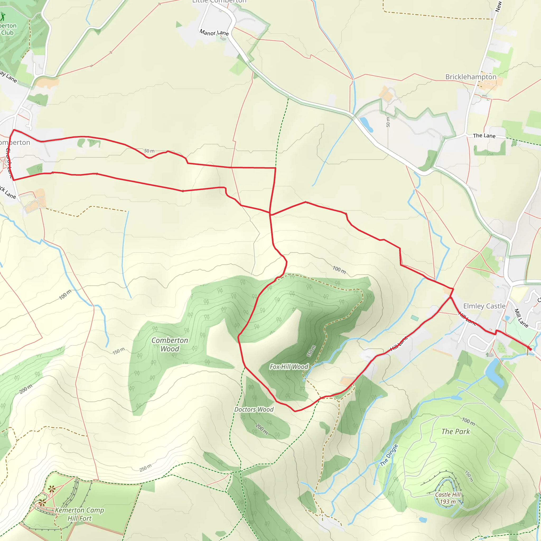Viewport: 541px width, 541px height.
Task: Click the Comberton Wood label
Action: point(170,344)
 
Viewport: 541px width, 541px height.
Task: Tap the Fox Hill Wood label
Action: point(289,367)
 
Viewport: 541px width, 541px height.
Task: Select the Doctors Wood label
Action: point(254,409)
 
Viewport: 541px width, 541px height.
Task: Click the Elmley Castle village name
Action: point(484,306)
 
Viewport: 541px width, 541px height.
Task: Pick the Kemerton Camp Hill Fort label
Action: point(80,514)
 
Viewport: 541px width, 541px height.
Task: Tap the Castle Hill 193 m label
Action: point(447,498)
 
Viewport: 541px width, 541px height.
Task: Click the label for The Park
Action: point(456,432)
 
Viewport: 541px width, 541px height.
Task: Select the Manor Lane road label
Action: point(214,32)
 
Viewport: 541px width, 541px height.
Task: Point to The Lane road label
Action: point(484,136)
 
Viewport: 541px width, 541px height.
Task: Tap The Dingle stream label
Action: point(389,455)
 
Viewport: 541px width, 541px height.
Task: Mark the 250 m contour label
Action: point(146,467)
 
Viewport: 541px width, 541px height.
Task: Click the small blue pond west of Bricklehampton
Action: point(366,124)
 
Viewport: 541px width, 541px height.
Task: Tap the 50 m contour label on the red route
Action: point(149,151)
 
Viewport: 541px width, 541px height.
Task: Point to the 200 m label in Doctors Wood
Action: point(262,429)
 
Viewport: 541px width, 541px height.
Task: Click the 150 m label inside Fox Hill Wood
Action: point(311,351)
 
